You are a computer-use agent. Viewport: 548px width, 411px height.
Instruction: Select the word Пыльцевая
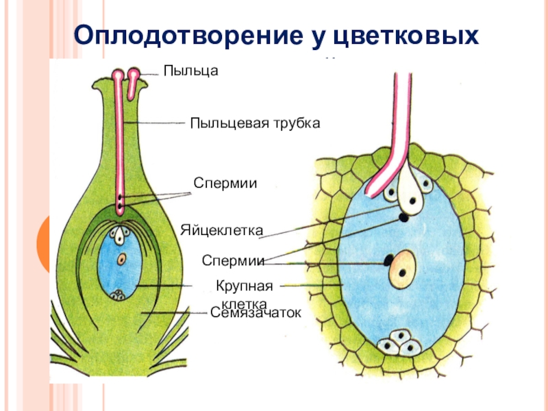click(223, 123)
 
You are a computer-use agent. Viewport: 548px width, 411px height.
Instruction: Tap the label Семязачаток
click(256, 312)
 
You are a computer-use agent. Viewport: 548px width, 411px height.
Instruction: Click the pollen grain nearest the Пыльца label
click(134, 73)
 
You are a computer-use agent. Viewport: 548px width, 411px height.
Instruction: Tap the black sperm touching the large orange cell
click(388, 260)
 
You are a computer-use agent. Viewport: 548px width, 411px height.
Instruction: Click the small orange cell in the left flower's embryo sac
click(122, 260)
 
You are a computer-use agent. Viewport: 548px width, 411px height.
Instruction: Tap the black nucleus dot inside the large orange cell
click(403, 271)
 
